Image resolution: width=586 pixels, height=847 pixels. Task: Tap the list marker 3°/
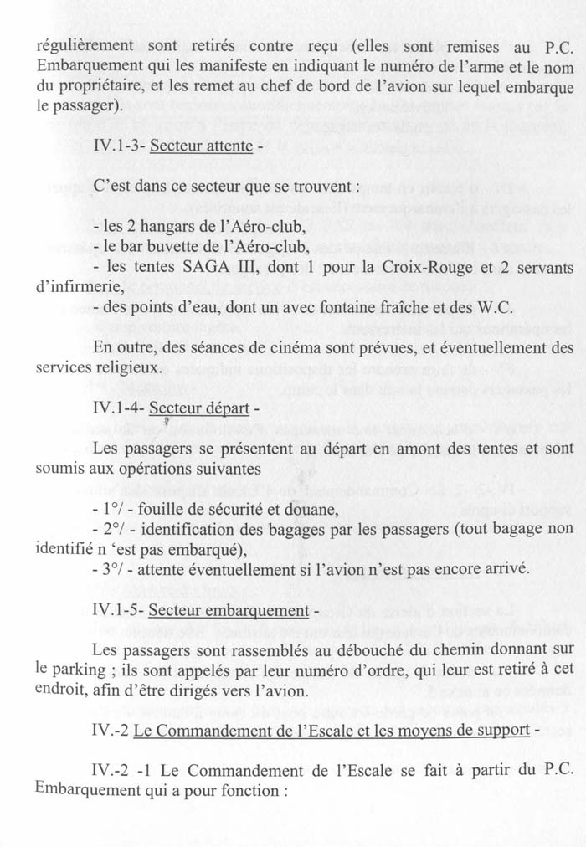coord(111,569)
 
